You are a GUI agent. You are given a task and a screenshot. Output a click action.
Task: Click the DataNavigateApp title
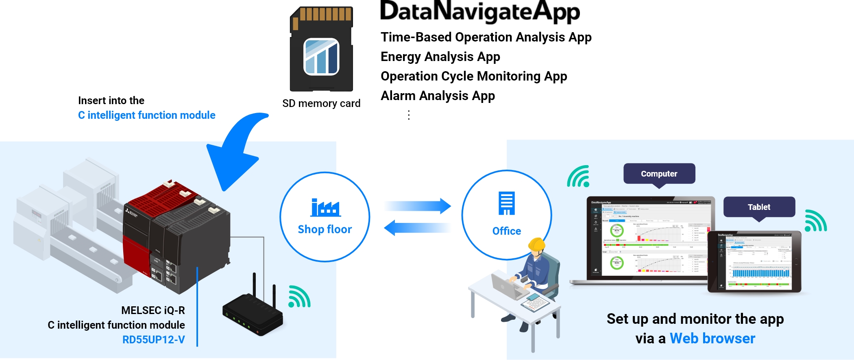(x=480, y=12)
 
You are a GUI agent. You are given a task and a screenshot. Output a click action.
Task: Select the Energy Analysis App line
(x=440, y=57)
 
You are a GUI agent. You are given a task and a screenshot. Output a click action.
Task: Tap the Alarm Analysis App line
(x=438, y=96)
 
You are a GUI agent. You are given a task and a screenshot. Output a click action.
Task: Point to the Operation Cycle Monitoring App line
(x=473, y=76)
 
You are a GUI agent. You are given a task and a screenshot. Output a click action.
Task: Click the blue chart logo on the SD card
(x=321, y=57)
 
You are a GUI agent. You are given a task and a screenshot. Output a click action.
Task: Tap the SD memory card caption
(x=321, y=104)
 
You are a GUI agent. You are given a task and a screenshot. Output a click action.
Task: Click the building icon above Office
(x=507, y=203)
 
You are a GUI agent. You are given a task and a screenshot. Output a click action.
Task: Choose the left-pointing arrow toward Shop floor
(x=417, y=228)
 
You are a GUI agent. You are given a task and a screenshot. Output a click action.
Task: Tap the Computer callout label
(x=659, y=174)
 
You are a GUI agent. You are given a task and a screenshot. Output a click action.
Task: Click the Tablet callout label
(x=759, y=207)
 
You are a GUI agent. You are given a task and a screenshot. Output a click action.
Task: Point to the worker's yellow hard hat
(x=536, y=244)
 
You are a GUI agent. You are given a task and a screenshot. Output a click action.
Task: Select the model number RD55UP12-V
(x=154, y=340)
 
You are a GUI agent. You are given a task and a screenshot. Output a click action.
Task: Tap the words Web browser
(x=712, y=338)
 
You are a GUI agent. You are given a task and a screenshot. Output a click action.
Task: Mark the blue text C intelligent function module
(x=146, y=116)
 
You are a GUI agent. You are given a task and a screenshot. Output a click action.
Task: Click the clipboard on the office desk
(x=535, y=303)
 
